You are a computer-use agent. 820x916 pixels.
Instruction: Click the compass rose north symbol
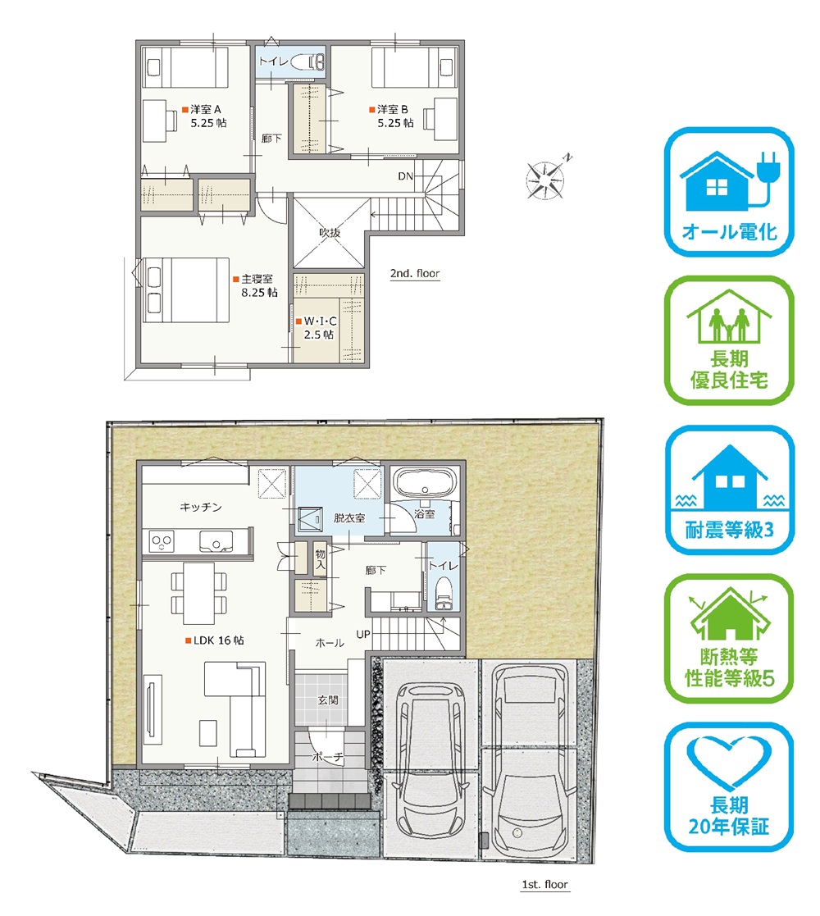click(545, 177)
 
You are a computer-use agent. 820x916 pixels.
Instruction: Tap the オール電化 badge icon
click(729, 192)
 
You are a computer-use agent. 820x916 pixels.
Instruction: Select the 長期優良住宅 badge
click(729, 341)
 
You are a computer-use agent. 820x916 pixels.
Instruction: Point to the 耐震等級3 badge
click(729, 490)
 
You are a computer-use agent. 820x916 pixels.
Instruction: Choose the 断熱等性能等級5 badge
click(729, 639)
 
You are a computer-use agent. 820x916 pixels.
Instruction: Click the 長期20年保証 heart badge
click(729, 787)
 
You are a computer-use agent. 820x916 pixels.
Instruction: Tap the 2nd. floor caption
click(415, 273)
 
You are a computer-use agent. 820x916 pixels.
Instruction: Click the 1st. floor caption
click(544, 885)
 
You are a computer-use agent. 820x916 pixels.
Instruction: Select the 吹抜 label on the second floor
click(330, 233)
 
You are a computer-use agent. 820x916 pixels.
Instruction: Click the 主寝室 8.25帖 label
click(255, 285)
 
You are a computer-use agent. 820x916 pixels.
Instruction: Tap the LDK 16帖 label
click(215, 640)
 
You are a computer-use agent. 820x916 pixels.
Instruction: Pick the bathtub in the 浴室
click(425, 483)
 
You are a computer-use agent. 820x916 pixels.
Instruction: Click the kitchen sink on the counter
click(216, 541)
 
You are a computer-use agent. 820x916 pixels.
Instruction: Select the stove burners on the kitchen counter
click(162, 541)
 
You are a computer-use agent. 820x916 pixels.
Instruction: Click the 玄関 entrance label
click(328, 700)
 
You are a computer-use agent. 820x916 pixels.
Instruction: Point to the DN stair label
click(405, 175)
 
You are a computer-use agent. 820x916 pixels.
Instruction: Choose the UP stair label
click(363, 635)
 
